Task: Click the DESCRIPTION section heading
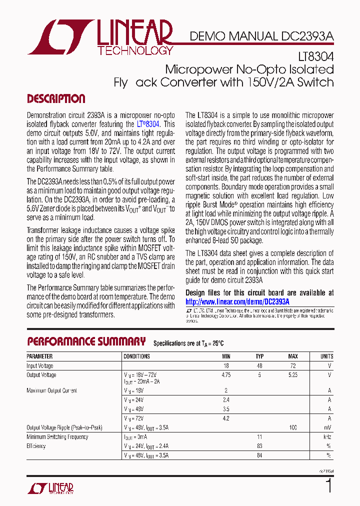point(56,98)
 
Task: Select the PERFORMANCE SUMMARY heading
point(86,342)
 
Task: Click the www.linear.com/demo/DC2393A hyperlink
point(237,302)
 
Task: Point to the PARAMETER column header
point(39,356)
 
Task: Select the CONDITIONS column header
point(136,356)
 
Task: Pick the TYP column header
point(259,356)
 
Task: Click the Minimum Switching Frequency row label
point(57,437)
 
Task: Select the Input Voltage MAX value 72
point(293,366)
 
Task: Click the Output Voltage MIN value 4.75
point(226,375)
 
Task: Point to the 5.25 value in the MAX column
point(293,375)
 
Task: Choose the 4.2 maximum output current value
point(226,418)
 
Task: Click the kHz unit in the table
point(328,437)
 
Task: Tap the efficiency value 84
point(259,455)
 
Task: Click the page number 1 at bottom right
point(328,486)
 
